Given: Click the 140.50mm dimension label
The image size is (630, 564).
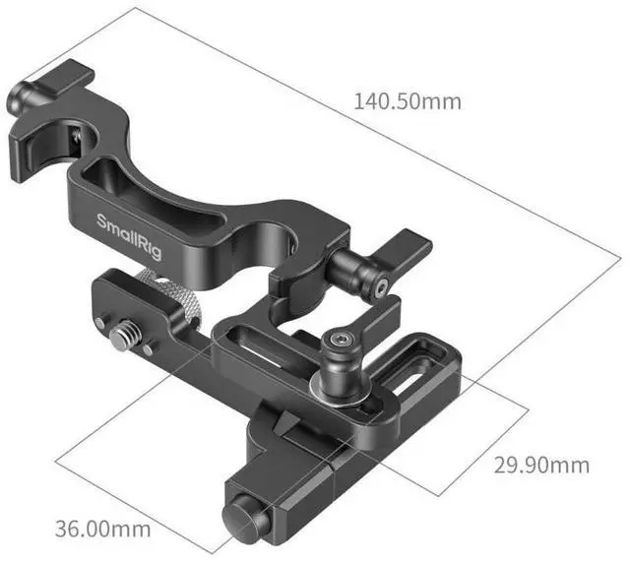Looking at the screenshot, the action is coord(407,101).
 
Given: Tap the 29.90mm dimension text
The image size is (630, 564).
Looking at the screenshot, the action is coord(541,466).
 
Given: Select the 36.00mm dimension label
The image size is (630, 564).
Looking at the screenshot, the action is coord(102,529).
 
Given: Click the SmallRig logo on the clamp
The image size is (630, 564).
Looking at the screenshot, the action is coord(129,237).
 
